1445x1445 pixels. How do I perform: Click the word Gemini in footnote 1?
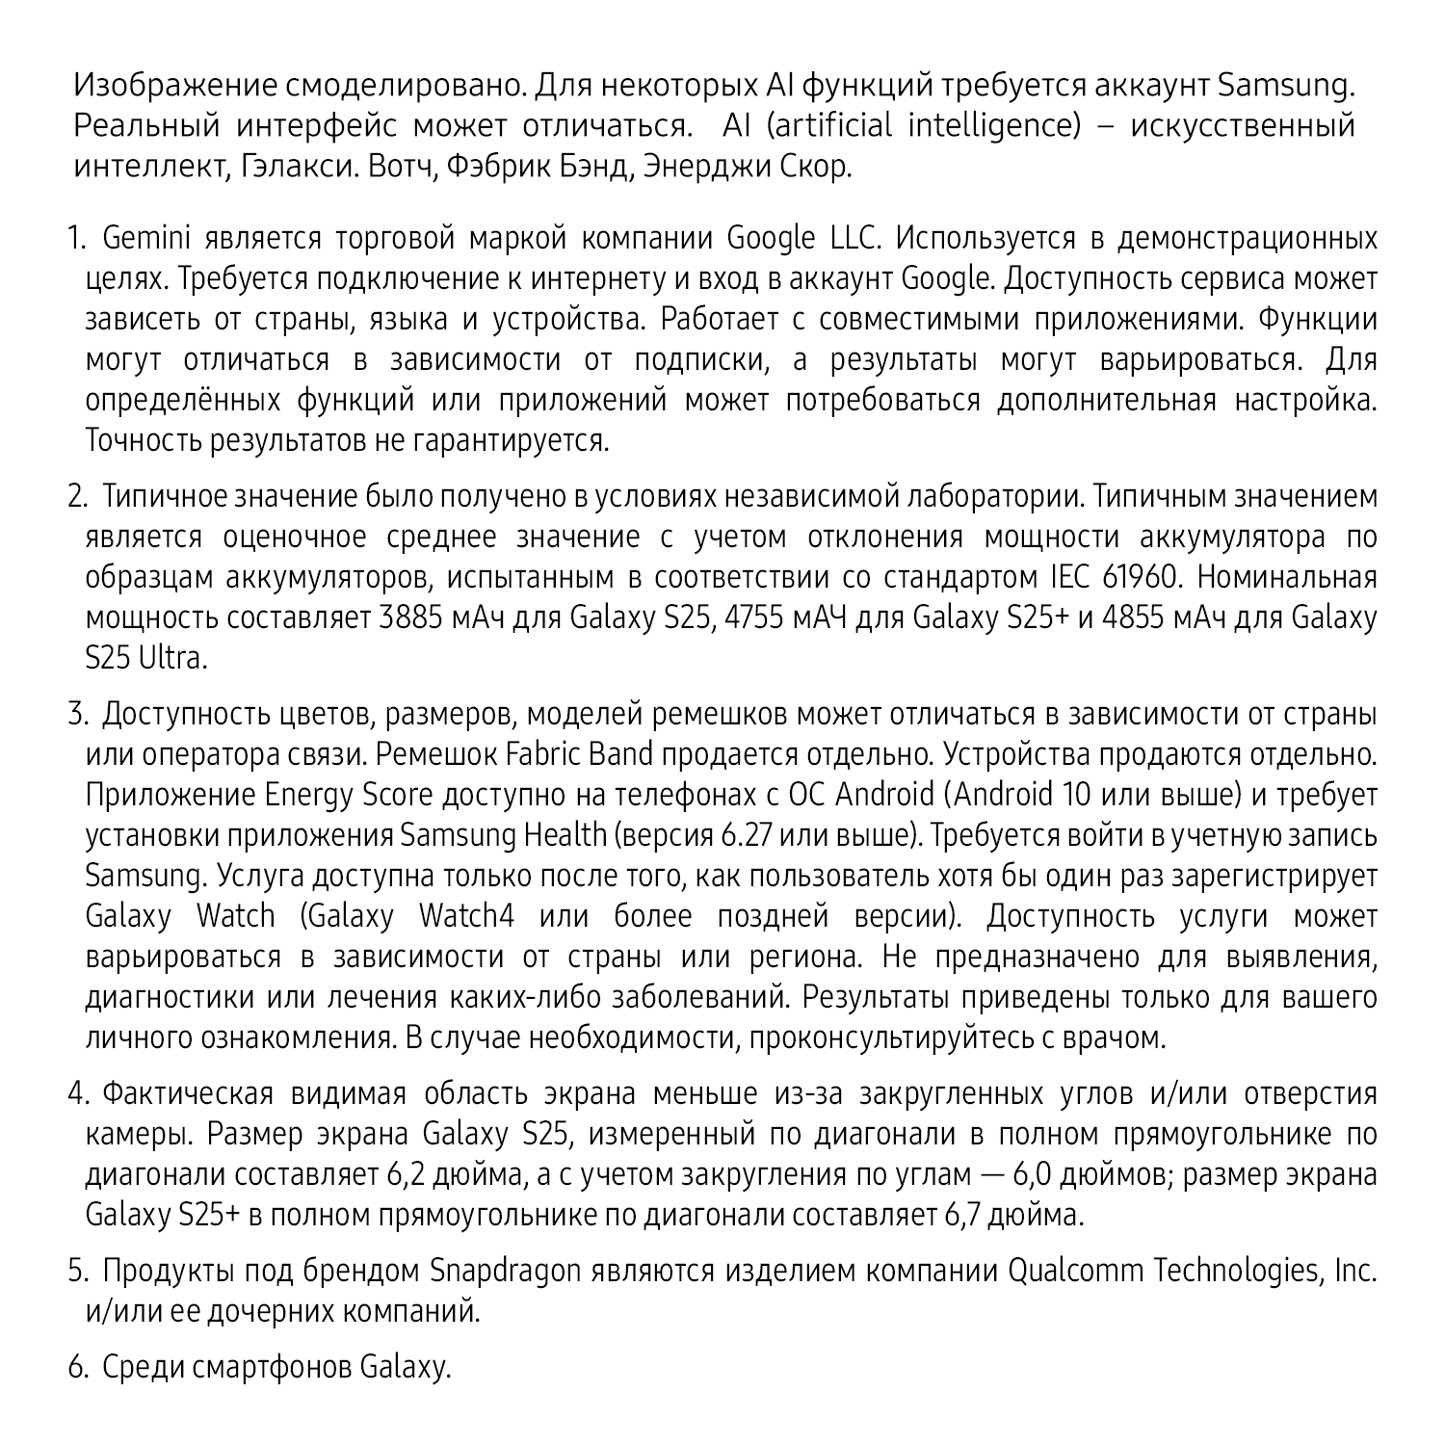134,238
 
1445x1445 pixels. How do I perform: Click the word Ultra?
172,659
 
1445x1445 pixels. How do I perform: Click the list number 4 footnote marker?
76,1094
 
